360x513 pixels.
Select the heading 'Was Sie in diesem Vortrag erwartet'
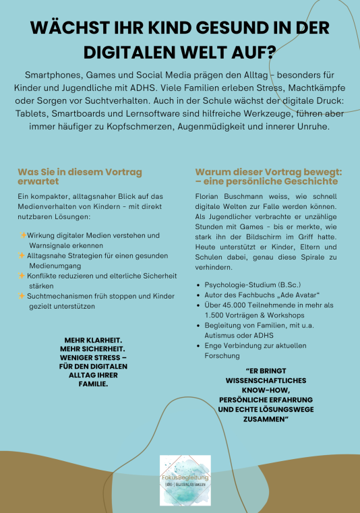tap(80, 177)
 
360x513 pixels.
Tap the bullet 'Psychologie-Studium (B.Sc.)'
tap(253, 285)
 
